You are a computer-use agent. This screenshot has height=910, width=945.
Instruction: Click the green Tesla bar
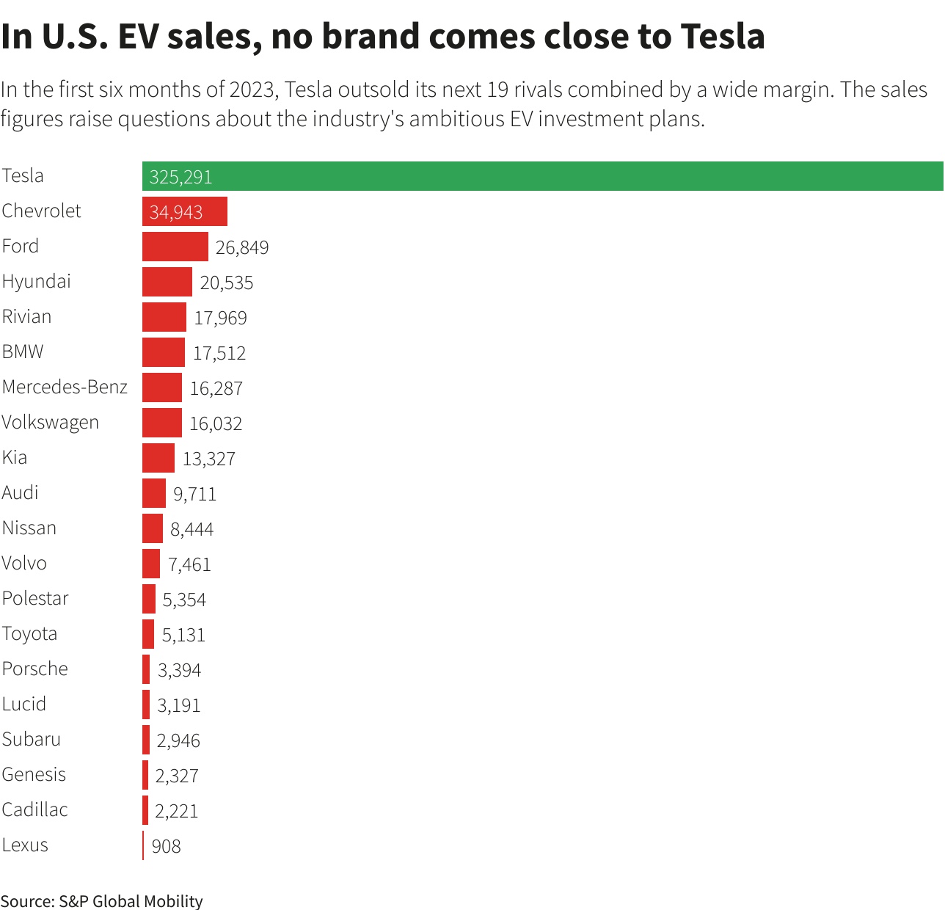pos(543,176)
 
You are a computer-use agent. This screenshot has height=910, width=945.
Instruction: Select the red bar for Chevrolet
pos(185,211)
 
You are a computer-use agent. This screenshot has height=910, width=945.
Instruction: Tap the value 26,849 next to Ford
pos(242,247)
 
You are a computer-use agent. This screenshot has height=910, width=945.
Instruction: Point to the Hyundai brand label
pos(37,282)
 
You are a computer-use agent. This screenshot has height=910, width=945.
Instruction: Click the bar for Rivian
pos(164,317)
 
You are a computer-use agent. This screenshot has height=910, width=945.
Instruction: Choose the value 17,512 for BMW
pos(219,353)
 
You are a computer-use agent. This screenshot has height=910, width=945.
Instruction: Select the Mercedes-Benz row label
pos(65,387)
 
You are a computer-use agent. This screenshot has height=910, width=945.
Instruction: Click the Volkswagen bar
pos(162,423)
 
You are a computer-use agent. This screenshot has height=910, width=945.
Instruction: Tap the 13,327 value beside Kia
pos(209,459)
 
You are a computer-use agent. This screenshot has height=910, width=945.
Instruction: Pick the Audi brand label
pos(21,492)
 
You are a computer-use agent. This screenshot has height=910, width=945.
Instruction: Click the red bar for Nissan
pos(153,528)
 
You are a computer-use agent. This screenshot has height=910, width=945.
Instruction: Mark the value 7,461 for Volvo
pos(189,564)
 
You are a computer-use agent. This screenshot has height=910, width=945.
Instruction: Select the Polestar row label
pos(35,598)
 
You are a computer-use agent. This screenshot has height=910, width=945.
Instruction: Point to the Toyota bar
pos(148,634)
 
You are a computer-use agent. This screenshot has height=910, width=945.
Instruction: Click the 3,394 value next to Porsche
pos(179,670)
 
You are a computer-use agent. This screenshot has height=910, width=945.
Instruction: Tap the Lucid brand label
pos(24,704)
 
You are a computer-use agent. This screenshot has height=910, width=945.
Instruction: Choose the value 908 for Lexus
pos(166,846)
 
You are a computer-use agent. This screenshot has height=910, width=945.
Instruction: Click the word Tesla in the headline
pos(723,36)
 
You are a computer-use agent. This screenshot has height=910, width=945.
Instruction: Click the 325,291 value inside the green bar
pos(180,177)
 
